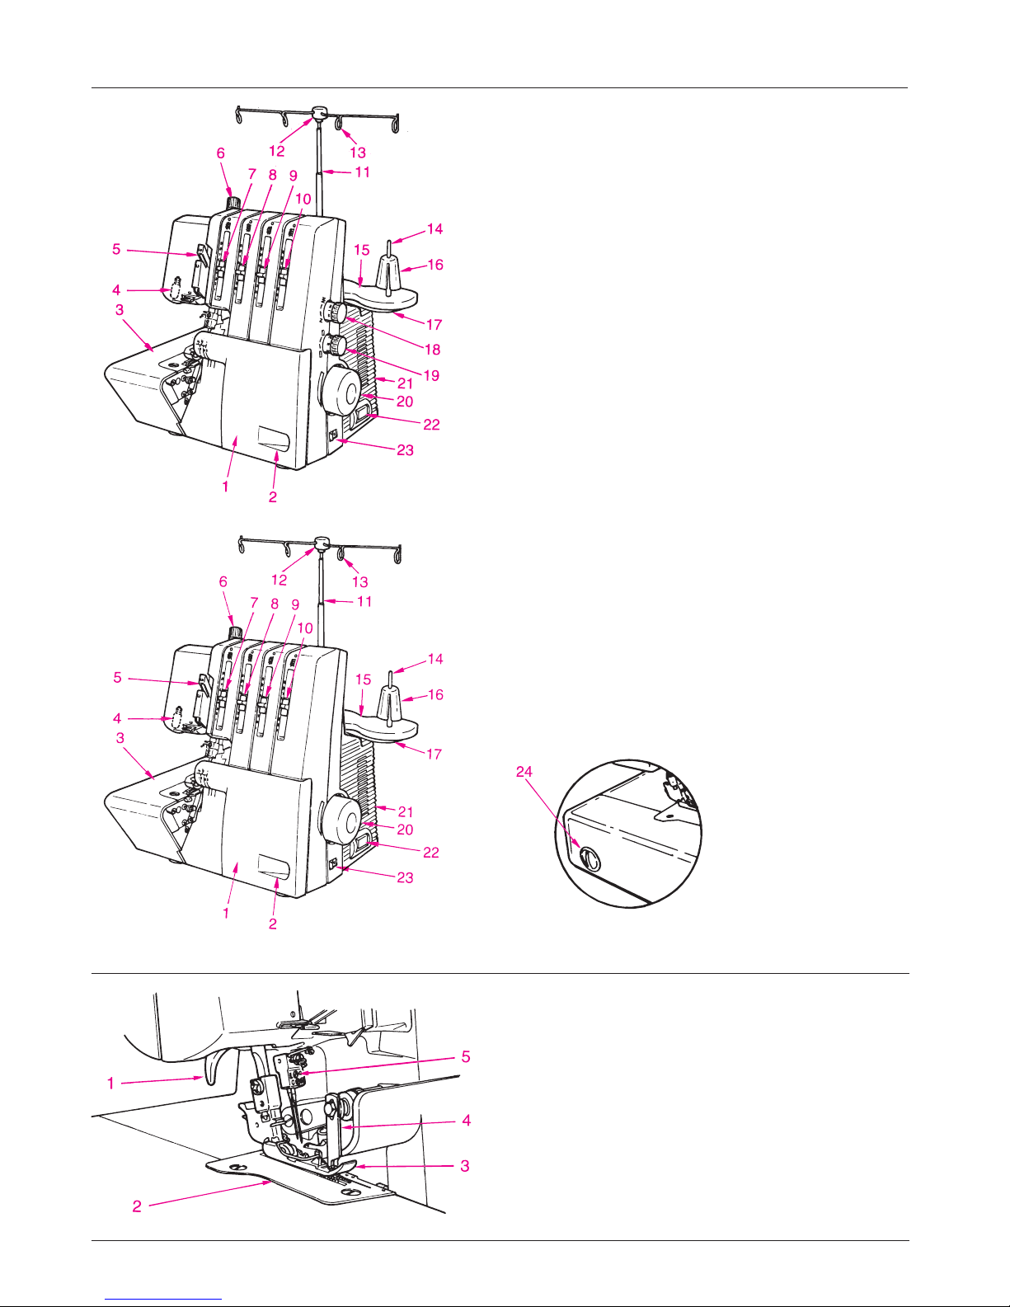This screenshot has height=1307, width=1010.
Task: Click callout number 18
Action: (x=432, y=350)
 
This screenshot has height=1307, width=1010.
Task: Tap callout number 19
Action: (x=432, y=376)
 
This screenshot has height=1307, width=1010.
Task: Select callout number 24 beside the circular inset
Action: (x=524, y=772)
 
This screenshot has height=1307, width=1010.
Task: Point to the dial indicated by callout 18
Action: (x=334, y=313)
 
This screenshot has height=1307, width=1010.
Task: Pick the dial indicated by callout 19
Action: (x=334, y=346)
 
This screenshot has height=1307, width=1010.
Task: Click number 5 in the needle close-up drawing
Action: (x=465, y=1057)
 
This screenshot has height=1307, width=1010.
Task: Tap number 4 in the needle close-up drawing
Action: (x=466, y=1121)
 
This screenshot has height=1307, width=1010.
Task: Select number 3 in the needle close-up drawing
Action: (x=465, y=1166)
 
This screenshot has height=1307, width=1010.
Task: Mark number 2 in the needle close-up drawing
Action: (x=137, y=1206)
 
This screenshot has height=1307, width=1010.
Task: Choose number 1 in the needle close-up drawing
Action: (x=110, y=1084)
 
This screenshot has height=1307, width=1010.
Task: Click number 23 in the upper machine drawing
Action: (x=405, y=450)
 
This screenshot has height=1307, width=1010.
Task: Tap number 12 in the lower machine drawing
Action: (x=279, y=580)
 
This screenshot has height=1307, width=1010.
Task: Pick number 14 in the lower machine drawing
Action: (x=435, y=659)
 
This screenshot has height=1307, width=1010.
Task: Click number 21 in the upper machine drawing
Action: (x=405, y=383)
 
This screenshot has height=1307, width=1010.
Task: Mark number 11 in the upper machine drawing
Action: (x=362, y=172)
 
